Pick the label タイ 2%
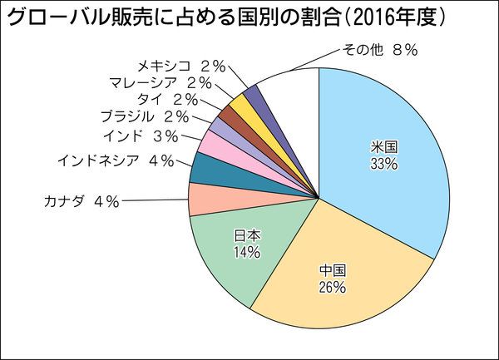170,98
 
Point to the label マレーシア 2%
161,81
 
